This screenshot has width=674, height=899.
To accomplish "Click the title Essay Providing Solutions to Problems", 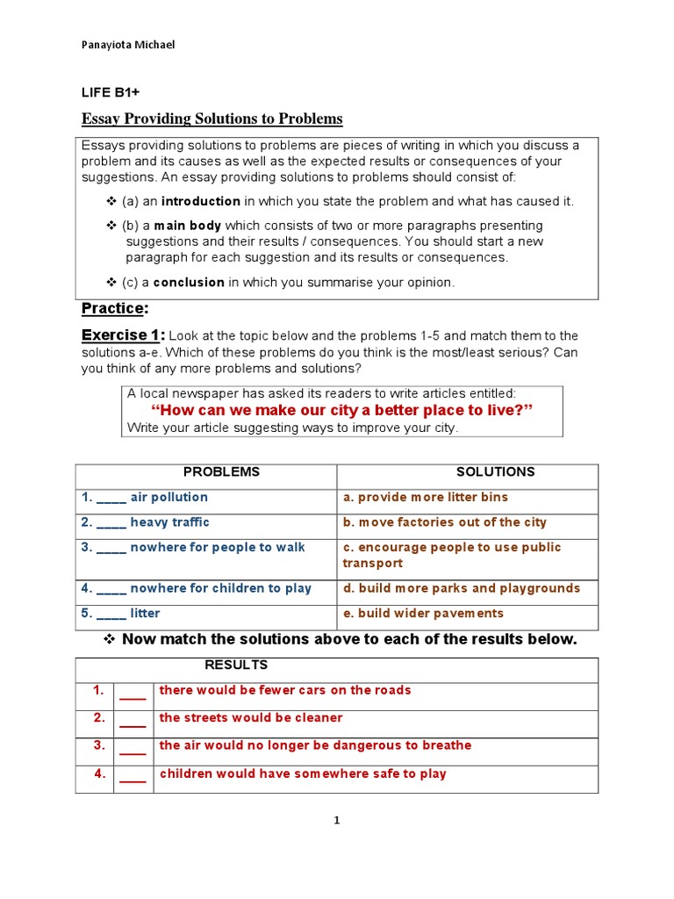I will [212, 119].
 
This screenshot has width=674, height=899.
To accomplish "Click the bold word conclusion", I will [189, 282].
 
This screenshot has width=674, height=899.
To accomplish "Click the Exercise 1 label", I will [122, 335].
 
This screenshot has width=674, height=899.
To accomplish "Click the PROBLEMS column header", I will [221, 471].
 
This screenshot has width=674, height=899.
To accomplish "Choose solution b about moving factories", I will [445, 522].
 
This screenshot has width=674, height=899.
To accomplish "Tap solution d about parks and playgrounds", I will [462, 588].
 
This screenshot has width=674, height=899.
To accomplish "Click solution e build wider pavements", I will [424, 614].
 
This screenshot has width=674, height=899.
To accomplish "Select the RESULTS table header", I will [236, 665].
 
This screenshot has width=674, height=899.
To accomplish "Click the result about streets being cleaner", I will [251, 718].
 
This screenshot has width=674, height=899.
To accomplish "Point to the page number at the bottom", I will [337, 821].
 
